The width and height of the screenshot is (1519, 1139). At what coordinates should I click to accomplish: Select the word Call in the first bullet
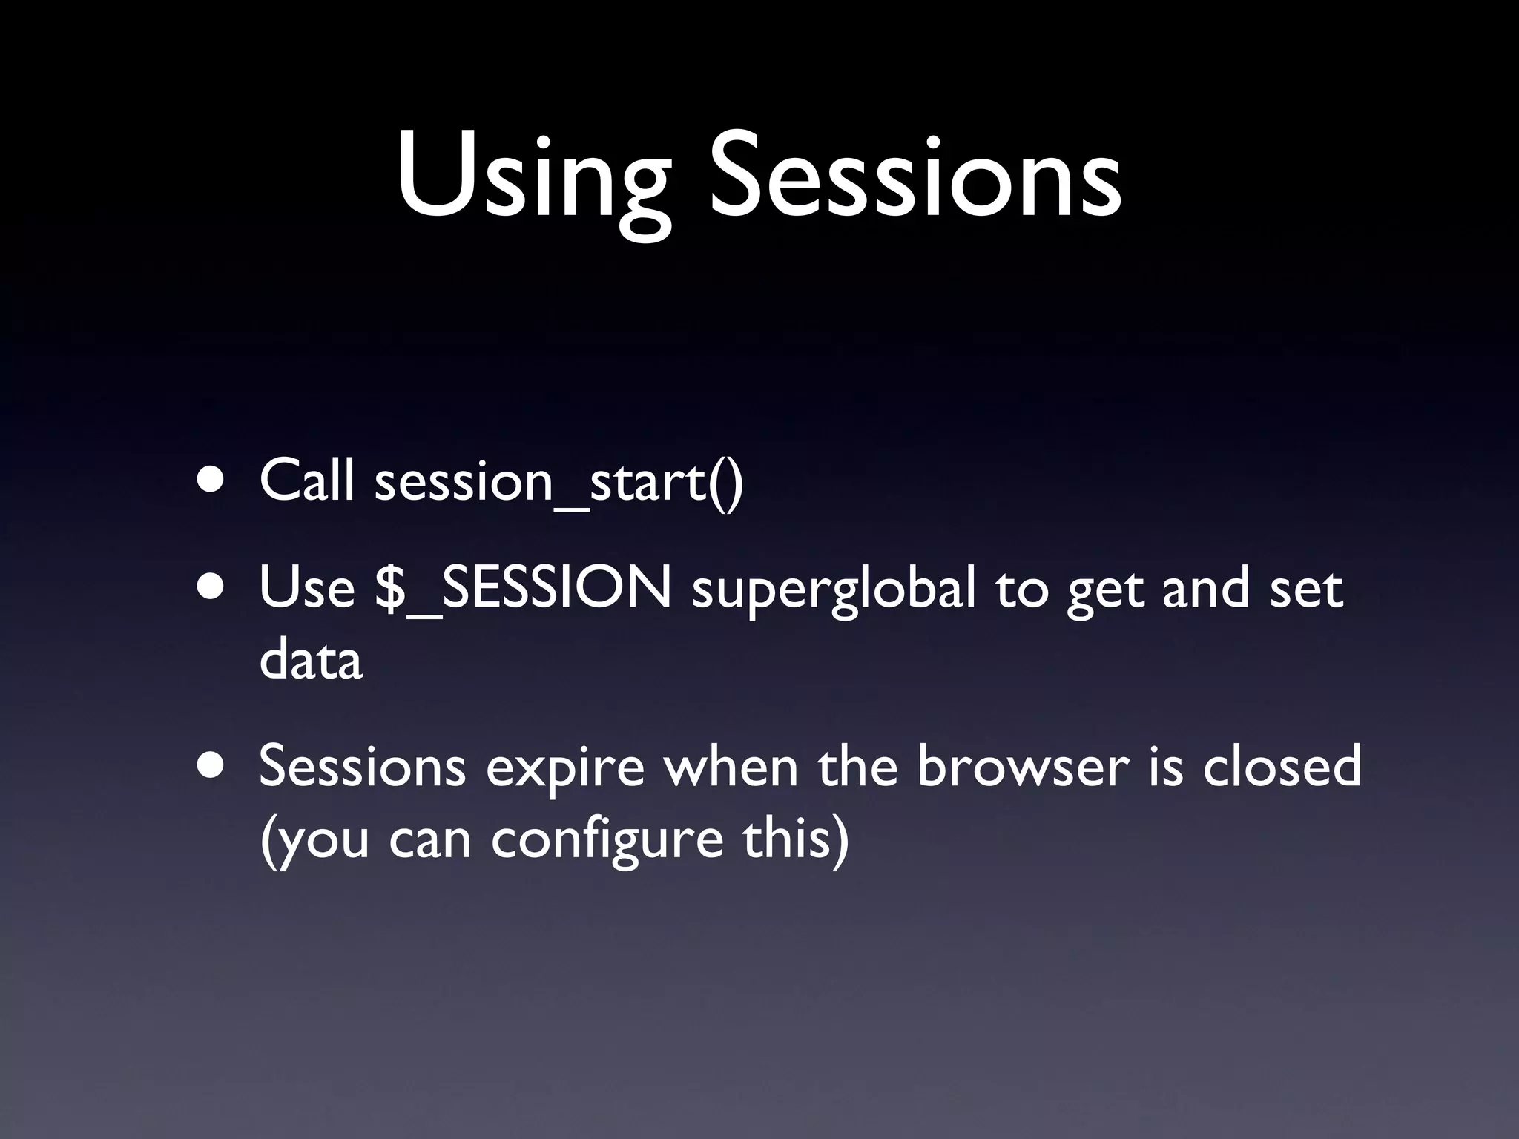[x=306, y=480]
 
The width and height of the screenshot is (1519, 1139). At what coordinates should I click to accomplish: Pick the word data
[x=311, y=659]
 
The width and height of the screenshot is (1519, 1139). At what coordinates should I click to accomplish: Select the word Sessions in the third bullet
[x=363, y=767]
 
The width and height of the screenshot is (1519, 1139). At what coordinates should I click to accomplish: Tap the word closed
[x=1282, y=767]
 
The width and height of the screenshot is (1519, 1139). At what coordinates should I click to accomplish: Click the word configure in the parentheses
[x=607, y=841]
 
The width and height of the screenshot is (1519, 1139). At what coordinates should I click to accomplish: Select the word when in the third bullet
[x=731, y=767]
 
